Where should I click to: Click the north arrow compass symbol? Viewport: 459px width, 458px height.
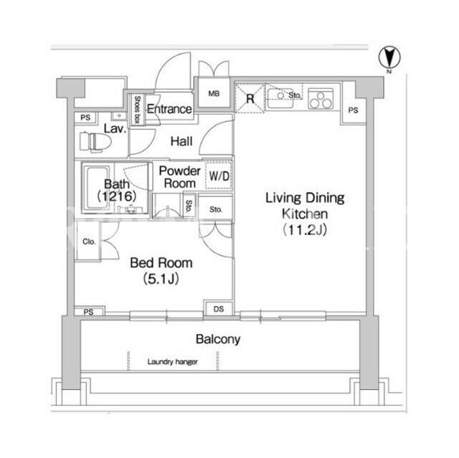389,58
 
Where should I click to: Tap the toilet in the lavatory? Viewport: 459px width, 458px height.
95,142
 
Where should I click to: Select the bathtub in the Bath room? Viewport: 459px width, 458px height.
96,188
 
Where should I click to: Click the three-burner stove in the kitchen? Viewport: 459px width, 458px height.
321,99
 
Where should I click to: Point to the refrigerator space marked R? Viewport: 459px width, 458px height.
250,98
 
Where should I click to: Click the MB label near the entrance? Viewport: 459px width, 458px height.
214,93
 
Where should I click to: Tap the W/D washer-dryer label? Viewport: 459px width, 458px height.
219,176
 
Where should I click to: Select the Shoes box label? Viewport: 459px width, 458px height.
137,110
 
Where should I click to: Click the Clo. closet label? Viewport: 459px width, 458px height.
89,242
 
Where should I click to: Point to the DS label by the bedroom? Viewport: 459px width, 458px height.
219,309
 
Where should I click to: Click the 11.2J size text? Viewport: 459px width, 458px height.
305,230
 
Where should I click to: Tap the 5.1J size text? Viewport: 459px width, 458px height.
161,278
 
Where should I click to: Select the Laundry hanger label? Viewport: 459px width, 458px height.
172,362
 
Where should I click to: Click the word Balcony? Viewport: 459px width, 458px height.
218,339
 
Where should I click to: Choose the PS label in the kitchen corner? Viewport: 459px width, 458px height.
353,110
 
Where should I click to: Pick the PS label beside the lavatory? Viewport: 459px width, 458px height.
85,118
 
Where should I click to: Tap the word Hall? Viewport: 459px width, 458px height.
181,141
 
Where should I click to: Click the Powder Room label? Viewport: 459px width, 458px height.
180,177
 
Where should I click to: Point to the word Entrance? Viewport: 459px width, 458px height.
169,109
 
